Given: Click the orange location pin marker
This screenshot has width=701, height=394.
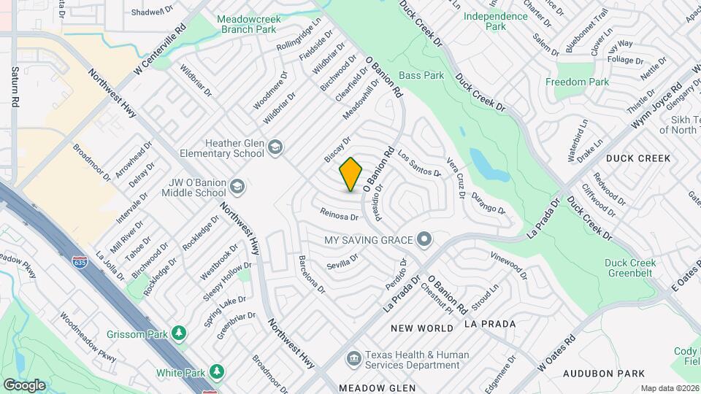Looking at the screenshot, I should tap(351, 174).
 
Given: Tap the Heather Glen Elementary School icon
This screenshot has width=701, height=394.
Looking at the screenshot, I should tap(275, 148).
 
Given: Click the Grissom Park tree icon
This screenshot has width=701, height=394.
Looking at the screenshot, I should tap(178, 333).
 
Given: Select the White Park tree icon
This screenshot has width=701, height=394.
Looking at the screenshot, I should tap(217, 372).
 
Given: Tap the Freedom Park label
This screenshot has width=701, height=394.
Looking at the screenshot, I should tap(577, 82).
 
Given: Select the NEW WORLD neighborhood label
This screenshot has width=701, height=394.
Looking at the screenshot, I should tap(422, 328).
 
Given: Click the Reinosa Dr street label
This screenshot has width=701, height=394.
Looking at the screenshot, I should tap(340, 215).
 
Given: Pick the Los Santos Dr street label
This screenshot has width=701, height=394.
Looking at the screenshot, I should tap(419, 164).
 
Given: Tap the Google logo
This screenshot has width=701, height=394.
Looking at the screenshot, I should tap(24, 385).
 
